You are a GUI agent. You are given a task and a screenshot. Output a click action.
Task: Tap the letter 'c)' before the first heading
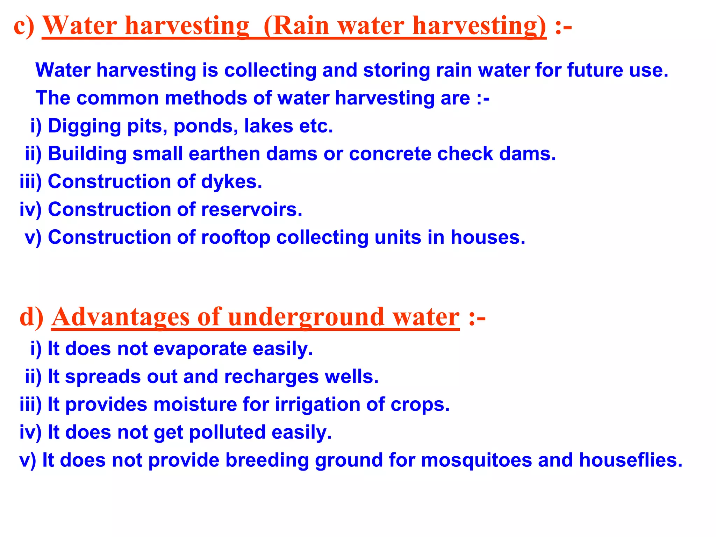click(24, 26)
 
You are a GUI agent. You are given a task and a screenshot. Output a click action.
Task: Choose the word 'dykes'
click(231, 182)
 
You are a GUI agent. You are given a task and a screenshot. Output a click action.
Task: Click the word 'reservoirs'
click(251, 209)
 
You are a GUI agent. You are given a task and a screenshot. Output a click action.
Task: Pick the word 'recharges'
click(271, 377)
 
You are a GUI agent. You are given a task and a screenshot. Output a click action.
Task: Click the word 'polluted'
click(227, 432)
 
